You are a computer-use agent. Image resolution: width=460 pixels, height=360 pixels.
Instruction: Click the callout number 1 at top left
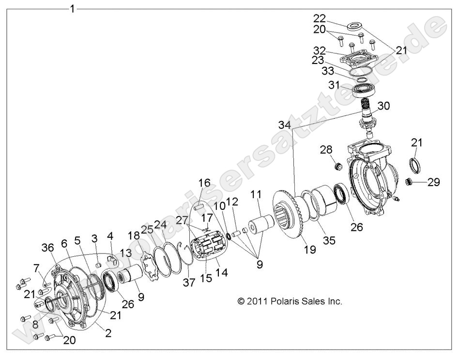[x=73, y=8]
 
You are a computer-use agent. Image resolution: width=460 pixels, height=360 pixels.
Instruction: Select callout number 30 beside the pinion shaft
[x=383, y=106]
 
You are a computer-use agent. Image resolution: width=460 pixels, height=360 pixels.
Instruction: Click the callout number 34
[x=285, y=125]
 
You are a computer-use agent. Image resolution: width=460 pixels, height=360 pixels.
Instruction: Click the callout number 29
[x=434, y=183]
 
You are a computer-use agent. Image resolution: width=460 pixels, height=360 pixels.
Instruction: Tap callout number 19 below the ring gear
[x=309, y=250]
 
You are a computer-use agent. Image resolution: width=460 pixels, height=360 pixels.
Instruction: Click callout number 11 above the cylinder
[x=255, y=195]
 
